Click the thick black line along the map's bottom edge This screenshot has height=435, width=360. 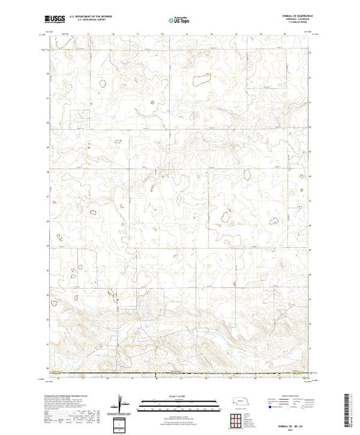tap(180, 377)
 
